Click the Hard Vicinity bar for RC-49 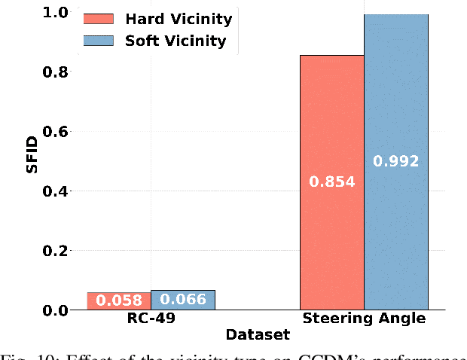pos(118,301)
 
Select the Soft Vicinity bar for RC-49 pos(183,300)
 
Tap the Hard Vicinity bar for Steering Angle pos(332,226)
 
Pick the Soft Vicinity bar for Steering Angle pos(396,226)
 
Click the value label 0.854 pos(332,182)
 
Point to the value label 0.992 pos(396,160)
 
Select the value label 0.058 pos(118,301)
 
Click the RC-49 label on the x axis pos(151,319)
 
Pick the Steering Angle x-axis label pos(364,319)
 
